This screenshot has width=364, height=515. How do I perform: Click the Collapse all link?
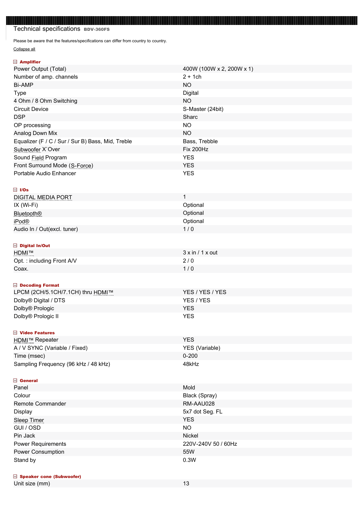(24, 49)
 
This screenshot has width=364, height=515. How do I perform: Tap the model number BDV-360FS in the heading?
(97, 29)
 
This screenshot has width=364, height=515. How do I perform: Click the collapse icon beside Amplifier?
(15, 62)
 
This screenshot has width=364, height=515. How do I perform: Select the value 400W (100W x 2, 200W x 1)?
(218, 69)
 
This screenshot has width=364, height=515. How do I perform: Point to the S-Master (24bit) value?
(203, 109)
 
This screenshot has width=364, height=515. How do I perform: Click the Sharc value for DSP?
(190, 117)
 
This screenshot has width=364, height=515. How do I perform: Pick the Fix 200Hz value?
(196, 149)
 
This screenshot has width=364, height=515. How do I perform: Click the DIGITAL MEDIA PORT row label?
(43, 197)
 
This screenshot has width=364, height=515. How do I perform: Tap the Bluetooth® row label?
(28, 213)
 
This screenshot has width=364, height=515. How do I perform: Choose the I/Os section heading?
(24, 190)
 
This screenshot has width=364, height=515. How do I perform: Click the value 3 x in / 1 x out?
(200, 253)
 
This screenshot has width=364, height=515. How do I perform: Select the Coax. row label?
(21, 269)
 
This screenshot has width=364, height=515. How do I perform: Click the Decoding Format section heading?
(39, 285)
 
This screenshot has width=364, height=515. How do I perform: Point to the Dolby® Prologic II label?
(36, 316)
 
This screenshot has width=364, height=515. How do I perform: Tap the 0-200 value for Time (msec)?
(190, 356)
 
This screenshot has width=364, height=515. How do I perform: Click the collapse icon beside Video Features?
(15, 333)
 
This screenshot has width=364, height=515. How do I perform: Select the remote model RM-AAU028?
(199, 404)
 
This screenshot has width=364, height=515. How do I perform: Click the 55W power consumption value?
(189, 452)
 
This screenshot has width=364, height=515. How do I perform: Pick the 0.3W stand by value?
(189, 460)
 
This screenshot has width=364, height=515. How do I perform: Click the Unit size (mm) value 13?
(186, 484)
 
